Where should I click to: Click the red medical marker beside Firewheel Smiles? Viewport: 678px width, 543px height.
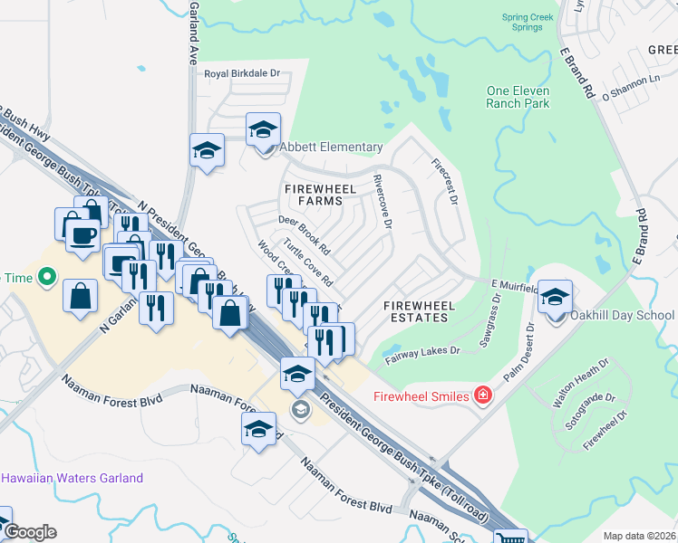[483, 395]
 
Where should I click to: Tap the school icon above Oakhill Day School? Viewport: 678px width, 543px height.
[555, 295]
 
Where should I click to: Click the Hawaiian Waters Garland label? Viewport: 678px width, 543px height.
[72, 478]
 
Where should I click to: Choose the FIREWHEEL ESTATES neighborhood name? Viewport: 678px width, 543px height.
[417, 311]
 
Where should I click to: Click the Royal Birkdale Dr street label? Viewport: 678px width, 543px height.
[242, 74]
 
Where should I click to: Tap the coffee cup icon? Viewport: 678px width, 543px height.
[82, 235]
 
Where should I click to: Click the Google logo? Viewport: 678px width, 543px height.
[29, 532]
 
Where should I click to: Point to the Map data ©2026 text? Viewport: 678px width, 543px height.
[639, 536]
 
